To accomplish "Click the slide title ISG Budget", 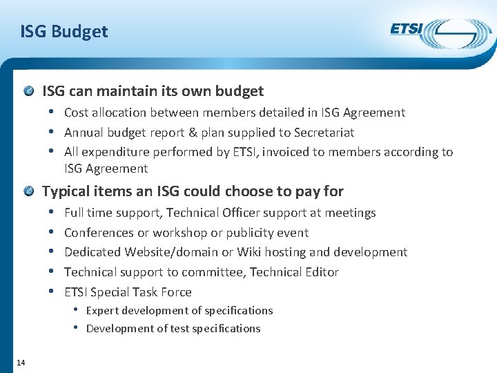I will coord(64,32).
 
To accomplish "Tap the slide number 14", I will coord(20,363).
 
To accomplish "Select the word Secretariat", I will coord(324,132).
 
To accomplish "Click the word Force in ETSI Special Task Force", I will coord(176,292).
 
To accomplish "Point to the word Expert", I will coord(103,311).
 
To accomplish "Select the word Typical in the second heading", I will coord(67,191).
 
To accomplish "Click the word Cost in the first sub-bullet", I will coord(77,112).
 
